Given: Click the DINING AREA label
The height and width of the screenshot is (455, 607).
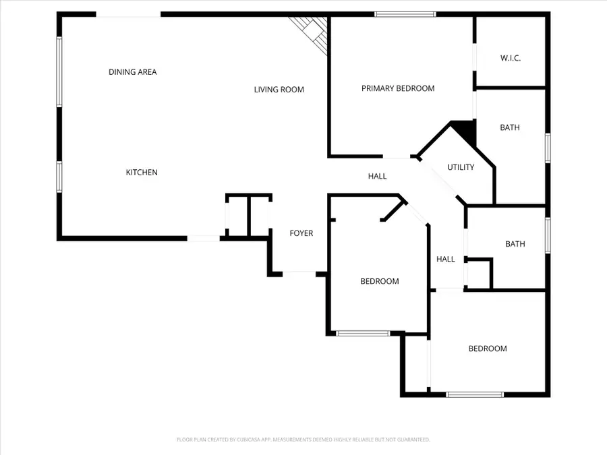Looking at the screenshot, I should (132, 71).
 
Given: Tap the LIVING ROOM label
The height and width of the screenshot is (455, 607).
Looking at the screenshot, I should (279, 89).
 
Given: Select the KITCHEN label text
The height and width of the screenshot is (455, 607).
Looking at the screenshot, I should (142, 173).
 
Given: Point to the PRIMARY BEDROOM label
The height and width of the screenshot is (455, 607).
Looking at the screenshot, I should (398, 88).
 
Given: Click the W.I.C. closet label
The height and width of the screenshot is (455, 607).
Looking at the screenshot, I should (510, 58).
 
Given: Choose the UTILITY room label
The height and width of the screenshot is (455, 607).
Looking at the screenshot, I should (461, 167).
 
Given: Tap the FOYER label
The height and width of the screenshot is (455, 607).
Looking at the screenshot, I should (301, 233).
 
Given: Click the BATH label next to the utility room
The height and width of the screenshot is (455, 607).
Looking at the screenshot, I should (510, 127).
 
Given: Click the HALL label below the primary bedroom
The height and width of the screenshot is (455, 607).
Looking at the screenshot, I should (377, 176).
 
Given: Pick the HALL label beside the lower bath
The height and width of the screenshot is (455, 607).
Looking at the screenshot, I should (445, 259).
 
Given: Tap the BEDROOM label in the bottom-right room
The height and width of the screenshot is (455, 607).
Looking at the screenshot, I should (488, 348).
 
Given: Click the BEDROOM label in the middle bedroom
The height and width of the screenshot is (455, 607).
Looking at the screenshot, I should (379, 281).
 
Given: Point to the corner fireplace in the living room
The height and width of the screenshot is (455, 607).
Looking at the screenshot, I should (312, 32).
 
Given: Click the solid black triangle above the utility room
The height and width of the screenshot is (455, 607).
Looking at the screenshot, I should (466, 129).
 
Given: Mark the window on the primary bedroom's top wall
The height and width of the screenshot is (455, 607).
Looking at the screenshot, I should (405, 14).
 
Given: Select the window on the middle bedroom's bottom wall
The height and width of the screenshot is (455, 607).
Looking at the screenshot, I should (363, 333).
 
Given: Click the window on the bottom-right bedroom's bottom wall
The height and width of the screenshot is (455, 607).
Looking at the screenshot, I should (475, 394).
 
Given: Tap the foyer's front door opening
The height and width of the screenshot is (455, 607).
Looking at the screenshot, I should (299, 273).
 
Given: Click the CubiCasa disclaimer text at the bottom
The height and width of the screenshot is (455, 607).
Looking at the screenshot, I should (303, 439).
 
